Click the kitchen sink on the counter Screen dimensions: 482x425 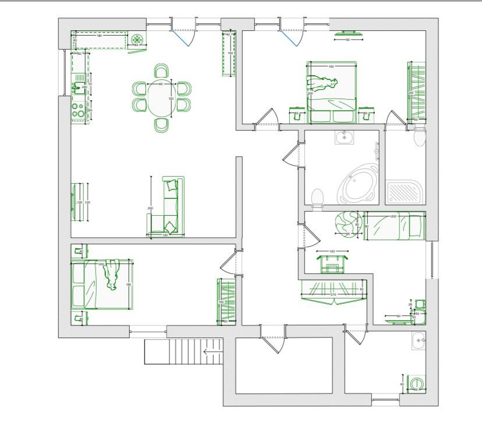pos(77,89)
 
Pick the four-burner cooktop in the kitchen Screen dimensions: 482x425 pos(77,110)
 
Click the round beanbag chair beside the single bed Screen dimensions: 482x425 pos(347,223)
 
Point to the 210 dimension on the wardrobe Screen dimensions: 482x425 pos(333,295)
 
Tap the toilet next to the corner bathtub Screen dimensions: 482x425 pos(318,198)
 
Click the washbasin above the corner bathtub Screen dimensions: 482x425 pos(345,138)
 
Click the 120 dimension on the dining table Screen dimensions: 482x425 pos(171,99)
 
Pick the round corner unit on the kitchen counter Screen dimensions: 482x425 pos(137,40)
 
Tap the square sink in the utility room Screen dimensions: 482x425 pos(419,340)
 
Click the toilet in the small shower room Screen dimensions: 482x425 pos(419,138)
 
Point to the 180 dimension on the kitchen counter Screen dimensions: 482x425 pos(99,36)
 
